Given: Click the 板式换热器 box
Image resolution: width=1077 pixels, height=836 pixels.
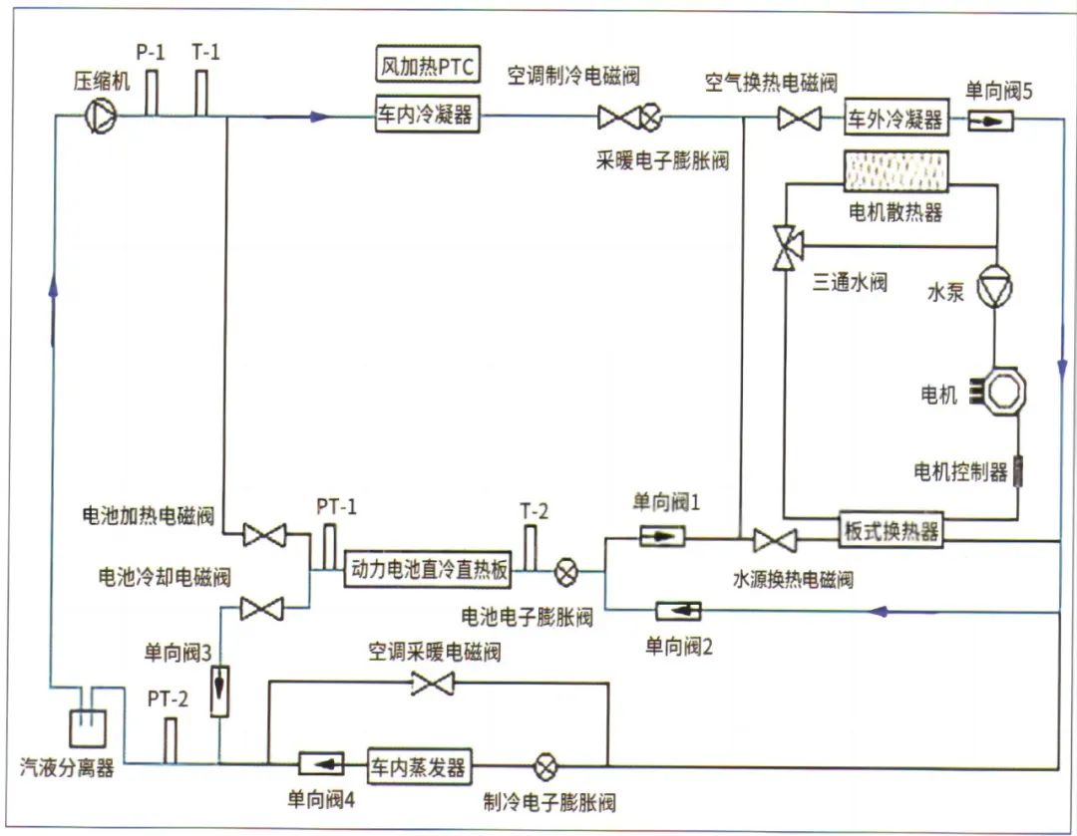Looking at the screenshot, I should [x=891, y=531].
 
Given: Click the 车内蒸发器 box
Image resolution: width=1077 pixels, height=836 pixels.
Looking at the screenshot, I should [x=419, y=767].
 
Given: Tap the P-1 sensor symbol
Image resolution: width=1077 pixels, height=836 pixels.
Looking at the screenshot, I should [x=152, y=94].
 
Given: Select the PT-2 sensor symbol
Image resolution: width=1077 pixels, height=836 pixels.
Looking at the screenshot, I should [x=170, y=739].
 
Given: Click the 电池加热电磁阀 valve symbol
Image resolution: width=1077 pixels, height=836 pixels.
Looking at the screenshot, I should [x=264, y=536].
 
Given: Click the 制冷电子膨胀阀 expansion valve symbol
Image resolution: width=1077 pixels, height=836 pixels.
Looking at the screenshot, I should [x=545, y=767].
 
